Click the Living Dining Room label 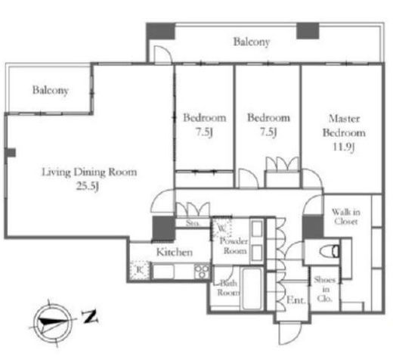point(89,172)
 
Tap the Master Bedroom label point(344,126)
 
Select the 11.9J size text point(344,147)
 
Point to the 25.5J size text point(88,186)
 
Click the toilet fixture point(330,251)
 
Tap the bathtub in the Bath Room point(251,288)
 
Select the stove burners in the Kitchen point(202,272)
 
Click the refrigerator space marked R point(140,270)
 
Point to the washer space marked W point(222,228)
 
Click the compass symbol point(53,322)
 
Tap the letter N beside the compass point(90,317)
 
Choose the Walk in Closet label point(345,216)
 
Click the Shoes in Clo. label point(324,289)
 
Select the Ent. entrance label point(296,300)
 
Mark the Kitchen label point(175,252)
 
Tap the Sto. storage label point(193,223)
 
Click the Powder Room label point(234,246)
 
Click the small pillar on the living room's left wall point(11,153)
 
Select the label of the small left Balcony point(51,90)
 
